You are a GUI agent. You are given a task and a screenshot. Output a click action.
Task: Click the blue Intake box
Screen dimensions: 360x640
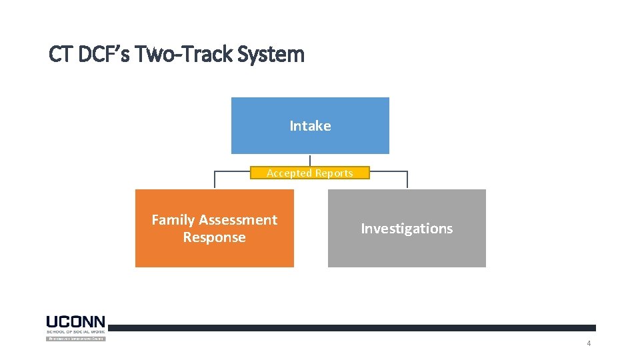click(310, 125)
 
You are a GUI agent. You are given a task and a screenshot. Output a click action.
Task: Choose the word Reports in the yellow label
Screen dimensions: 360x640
click(334, 173)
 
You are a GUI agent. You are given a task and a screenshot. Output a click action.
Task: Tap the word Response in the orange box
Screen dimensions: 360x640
click(214, 238)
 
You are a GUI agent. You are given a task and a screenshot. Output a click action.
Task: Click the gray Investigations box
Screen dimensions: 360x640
click(407, 228)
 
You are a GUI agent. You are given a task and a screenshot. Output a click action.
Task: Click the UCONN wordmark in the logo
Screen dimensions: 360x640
click(75, 322)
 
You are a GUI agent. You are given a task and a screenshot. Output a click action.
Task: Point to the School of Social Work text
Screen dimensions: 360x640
click(75, 331)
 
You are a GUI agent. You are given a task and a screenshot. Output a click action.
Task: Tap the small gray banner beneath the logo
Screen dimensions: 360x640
click(75, 339)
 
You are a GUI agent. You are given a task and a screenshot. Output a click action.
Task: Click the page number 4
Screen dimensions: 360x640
click(589, 343)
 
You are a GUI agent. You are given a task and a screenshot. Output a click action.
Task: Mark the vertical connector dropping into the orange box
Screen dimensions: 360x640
click(214, 181)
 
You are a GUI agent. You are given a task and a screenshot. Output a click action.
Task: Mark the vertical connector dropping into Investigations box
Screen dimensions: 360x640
click(407, 181)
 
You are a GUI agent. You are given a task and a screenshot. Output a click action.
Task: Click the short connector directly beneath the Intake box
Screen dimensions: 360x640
click(310, 160)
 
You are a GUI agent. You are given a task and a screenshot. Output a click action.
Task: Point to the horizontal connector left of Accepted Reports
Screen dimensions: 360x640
click(232, 171)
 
